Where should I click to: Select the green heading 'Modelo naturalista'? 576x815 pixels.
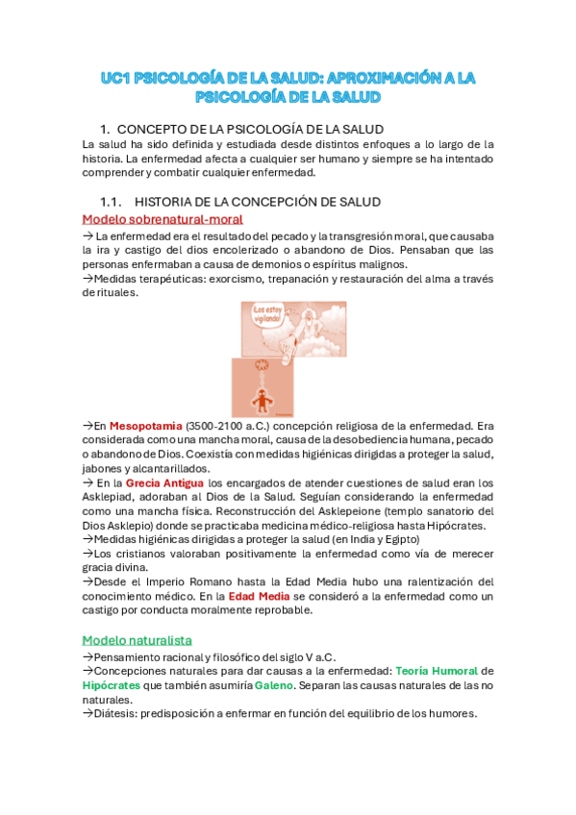point(137,640)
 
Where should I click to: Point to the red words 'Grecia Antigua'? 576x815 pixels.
point(164,482)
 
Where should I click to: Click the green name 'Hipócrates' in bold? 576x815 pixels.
point(113,685)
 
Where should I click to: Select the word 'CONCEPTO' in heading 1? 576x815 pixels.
point(154,129)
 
